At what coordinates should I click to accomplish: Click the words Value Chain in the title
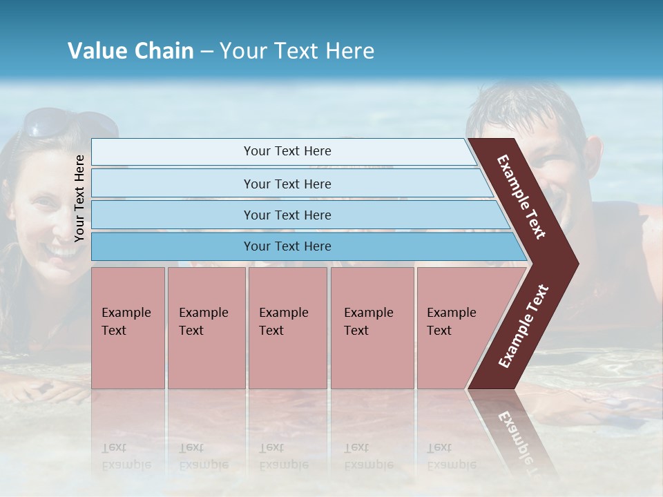click(x=131, y=51)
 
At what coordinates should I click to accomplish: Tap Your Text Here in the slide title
click(x=297, y=51)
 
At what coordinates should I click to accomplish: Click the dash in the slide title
click(x=206, y=51)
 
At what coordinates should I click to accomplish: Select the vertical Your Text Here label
click(x=79, y=198)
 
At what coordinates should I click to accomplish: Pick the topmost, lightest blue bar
click(x=287, y=151)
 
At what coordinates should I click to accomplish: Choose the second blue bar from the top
click(x=287, y=184)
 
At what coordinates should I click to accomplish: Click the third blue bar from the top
click(x=287, y=215)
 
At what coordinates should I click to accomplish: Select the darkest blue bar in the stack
click(x=287, y=246)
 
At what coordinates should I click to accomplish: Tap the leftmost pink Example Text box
click(x=128, y=328)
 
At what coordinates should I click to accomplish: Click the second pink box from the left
click(x=206, y=328)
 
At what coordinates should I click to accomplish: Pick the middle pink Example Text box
click(x=287, y=328)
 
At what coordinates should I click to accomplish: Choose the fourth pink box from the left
click(x=372, y=328)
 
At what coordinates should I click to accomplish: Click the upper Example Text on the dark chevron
click(x=521, y=197)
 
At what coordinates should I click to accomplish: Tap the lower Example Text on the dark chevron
click(x=523, y=327)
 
